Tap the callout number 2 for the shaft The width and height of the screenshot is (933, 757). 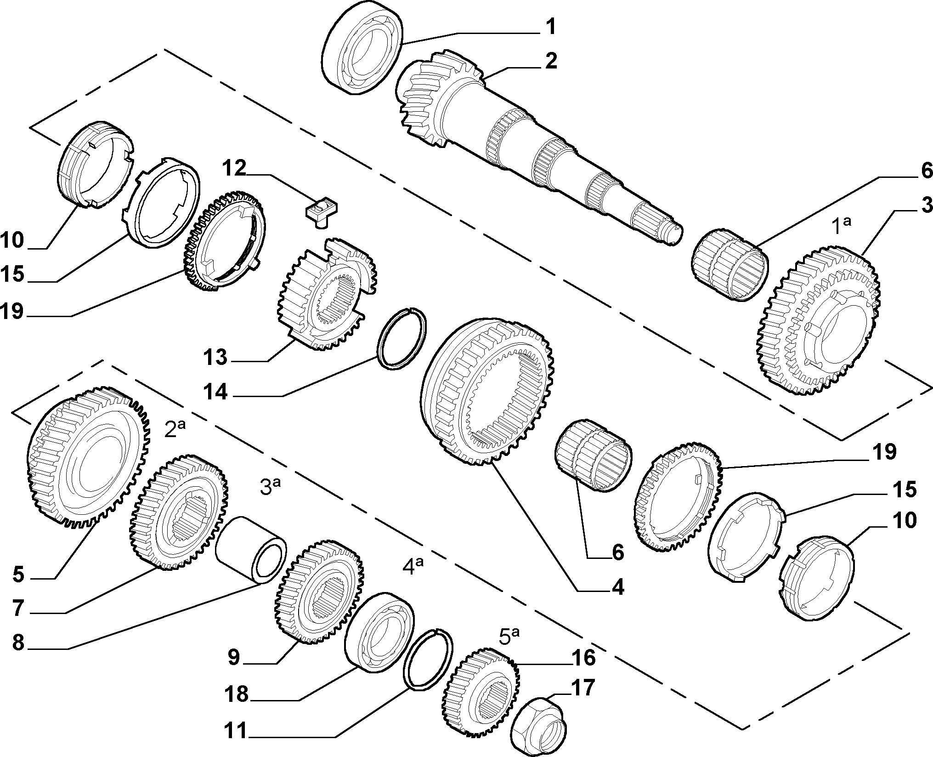[550, 61]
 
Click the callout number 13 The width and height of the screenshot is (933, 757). [215, 357]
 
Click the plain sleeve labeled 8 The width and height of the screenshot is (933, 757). [251, 550]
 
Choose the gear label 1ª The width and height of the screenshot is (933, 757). [843, 226]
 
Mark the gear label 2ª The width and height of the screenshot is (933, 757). [175, 429]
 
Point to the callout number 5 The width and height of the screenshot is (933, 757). [18, 575]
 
